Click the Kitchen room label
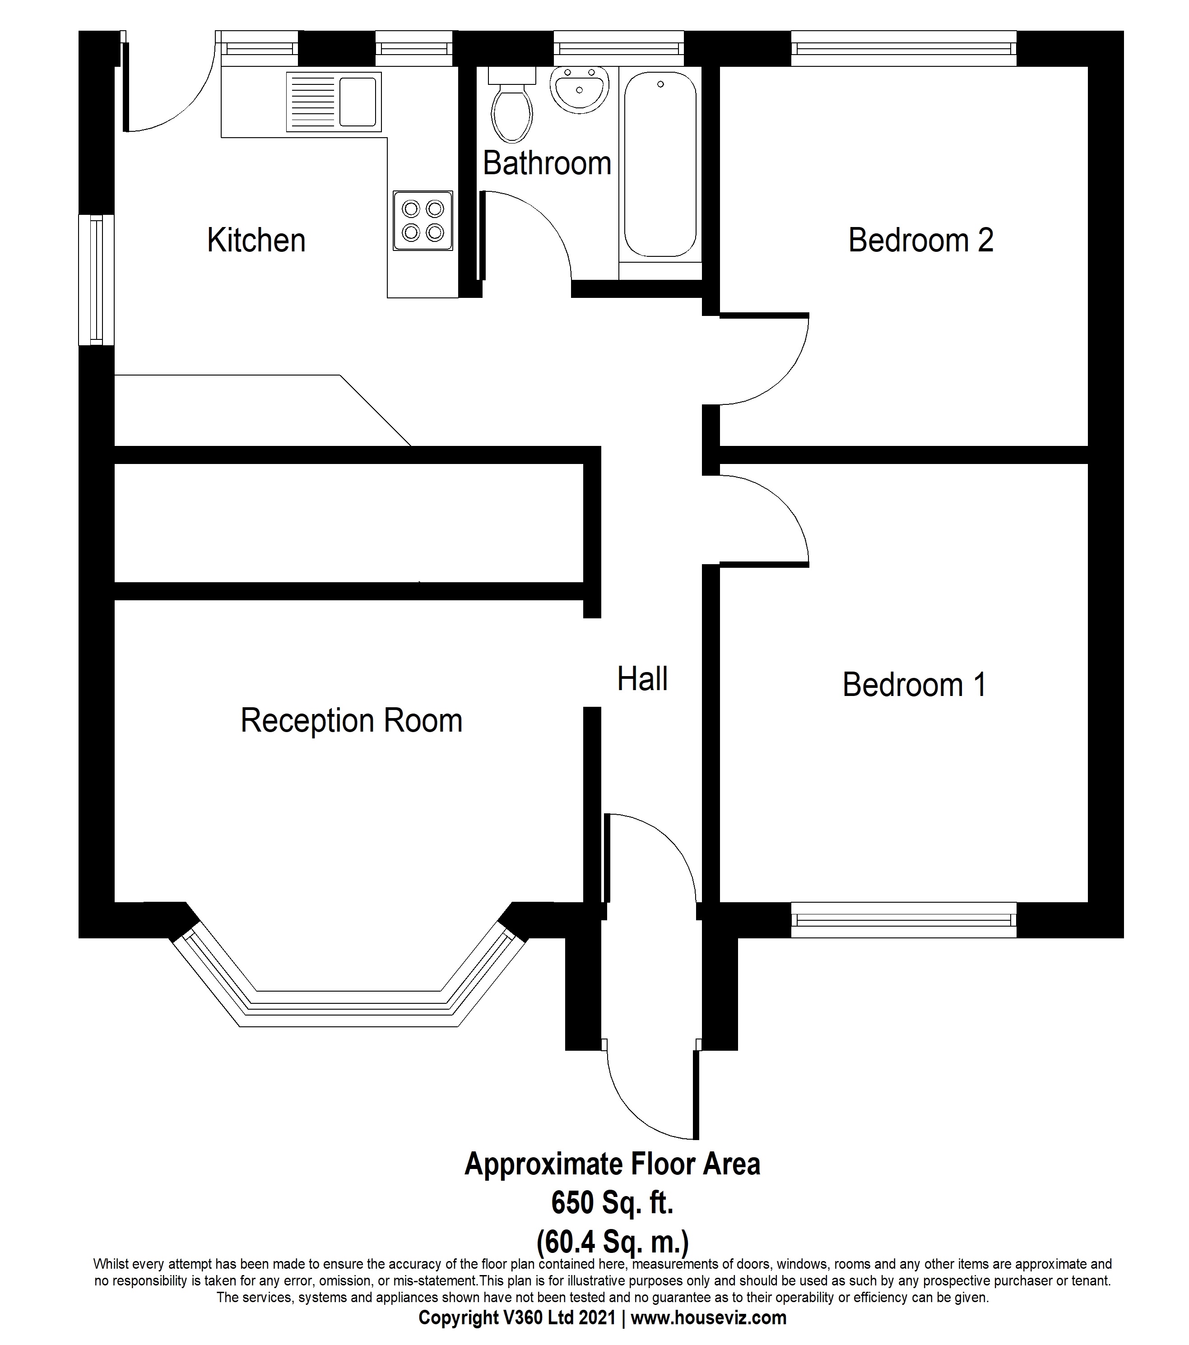click(256, 240)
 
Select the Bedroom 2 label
click(920, 240)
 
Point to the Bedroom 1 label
click(914, 685)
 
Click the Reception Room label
click(351, 720)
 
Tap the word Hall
click(642, 679)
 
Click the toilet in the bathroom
click(511, 109)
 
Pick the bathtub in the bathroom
click(660, 164)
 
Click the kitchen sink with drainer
click(334, 102)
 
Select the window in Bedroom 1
click(903, 919)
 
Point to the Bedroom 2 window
click(903, 48)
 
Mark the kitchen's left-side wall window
click(96, 280)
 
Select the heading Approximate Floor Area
click(612, 1164)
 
